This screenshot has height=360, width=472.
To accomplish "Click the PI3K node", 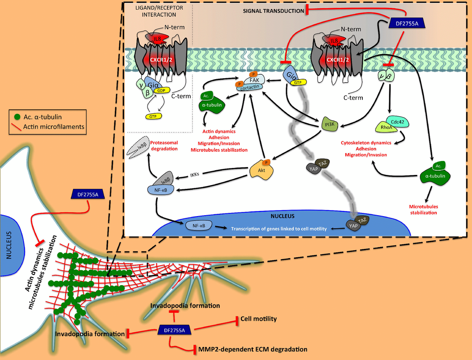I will pyautogui.click(x=329, y=124).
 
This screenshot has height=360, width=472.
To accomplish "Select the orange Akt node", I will pyautogui.click(x=261, y=172).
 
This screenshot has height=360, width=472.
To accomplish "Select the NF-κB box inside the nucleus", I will pyautogui.click(x=199, y=225).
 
